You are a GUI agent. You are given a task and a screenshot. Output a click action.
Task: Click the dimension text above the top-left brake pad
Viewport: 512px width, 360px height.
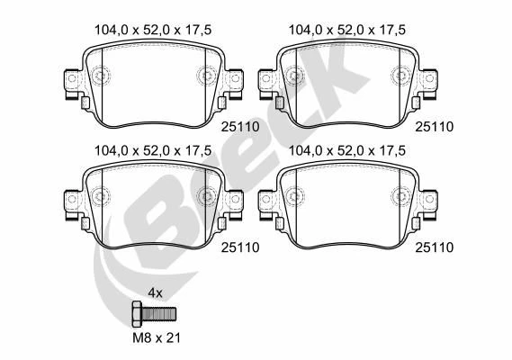(153, 30)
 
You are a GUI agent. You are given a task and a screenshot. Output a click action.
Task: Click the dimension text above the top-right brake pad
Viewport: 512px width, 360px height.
(347, 30)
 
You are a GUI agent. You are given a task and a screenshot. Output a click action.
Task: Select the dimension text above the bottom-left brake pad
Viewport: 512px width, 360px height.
(153, 150)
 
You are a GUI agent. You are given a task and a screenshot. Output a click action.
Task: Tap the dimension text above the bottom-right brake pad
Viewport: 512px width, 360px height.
(347, 150)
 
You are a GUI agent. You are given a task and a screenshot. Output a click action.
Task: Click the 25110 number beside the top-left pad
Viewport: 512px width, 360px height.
(240, 127)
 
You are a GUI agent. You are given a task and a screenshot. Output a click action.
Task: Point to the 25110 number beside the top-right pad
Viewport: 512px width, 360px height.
(435, 127)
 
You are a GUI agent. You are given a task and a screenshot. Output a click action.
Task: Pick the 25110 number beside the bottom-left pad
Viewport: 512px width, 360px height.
(240, 247)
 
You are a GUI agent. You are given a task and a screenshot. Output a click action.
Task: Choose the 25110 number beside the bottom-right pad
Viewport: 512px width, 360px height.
(435, 247)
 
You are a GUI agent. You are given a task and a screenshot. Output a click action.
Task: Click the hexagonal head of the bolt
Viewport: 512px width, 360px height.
(137, 314)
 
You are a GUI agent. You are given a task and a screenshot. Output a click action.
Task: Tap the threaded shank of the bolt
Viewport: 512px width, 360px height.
(158, 314)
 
